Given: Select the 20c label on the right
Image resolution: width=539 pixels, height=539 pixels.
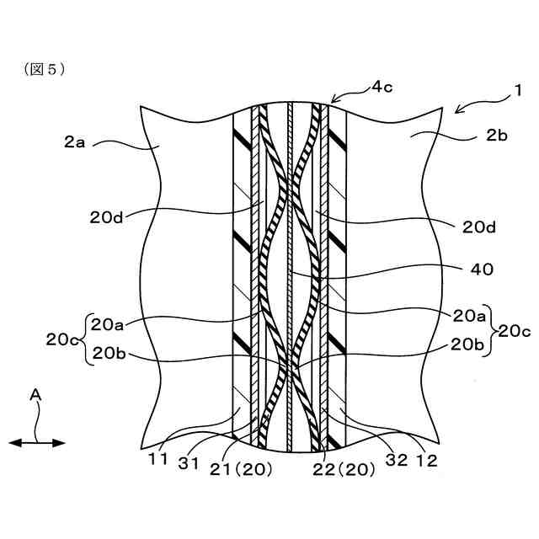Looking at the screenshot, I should (514, 330).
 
